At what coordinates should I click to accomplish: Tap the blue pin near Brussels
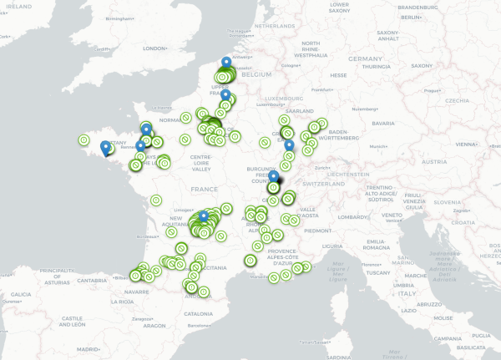coord(226,63)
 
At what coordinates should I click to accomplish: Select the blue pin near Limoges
coord(204,217)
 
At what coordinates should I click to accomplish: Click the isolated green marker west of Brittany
coord(83,139)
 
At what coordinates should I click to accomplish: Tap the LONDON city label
coord(156,48)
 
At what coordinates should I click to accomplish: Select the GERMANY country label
coord(365,59)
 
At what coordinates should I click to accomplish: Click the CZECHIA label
coord(457,100)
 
